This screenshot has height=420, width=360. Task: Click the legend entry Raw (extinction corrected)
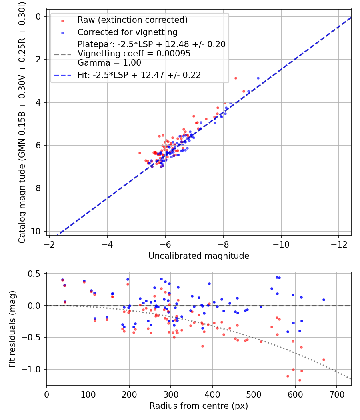pos(132,20)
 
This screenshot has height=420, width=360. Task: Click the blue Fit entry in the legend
pos(139,75)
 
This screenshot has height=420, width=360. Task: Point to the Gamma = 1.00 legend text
pos(109,62)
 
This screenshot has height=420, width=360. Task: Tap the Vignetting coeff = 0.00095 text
pos(134,53)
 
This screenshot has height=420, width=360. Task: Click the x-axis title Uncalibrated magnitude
pos(199,256)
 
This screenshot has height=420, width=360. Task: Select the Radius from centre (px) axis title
pos(199,406)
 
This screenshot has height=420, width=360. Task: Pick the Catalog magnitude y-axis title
pos(22,122)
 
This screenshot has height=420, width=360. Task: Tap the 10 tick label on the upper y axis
pos(38,231)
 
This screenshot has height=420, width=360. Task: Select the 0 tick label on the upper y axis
pos(39,16)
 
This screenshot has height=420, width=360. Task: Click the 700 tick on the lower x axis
pos(336,394)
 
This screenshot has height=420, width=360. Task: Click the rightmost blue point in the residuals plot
pos(324,300)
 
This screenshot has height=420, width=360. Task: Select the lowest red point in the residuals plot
pos(300,380)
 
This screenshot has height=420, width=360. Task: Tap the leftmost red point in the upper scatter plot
pos(140,153)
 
